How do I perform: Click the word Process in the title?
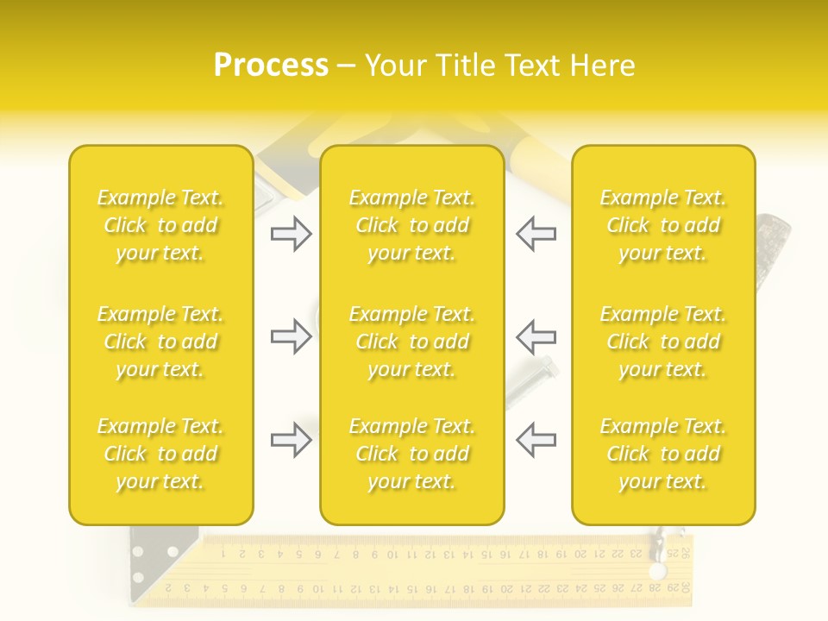pos(271,66)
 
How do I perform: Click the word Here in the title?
pos(600,66)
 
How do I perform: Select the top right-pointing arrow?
pos(291,234)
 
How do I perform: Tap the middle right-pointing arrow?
pos(291,336)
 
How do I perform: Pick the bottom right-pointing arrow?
pos(291,440)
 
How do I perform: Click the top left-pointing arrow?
pos(536,234)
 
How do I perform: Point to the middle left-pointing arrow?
pos(536,336)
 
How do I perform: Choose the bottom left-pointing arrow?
pos(536,440)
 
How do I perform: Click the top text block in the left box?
pos(160,225)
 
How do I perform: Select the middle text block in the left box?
pos(160,342)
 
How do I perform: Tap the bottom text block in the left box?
pos(160,454)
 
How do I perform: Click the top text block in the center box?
pos(412,225)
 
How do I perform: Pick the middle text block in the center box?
pos(412,342)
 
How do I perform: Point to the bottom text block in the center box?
pos(412,454)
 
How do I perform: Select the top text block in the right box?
pos(663,225)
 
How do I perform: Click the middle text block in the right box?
pos(663,342)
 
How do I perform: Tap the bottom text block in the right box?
pos(663,454)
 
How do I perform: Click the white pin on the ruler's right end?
pos(659,571)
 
